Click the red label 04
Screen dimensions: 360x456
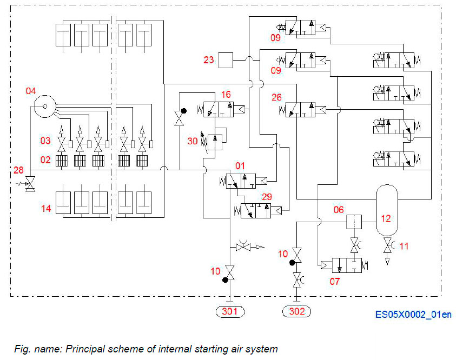point(32,91)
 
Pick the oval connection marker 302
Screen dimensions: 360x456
point(297,311)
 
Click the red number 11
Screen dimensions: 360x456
point(404,246)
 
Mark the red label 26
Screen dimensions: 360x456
point(276,98)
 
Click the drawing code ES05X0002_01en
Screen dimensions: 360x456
point(413,315)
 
